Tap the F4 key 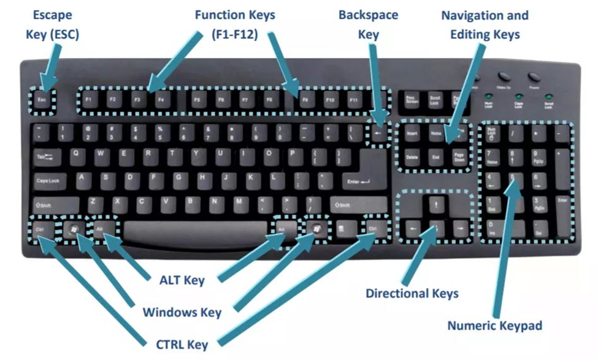pos(161,100)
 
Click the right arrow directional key pos(459,229)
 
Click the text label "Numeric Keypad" pos(494,325)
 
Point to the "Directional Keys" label pos(412,293)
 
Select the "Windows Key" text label pos(182,312)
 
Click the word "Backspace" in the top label pos(368,15)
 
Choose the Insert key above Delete pos(412,132)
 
